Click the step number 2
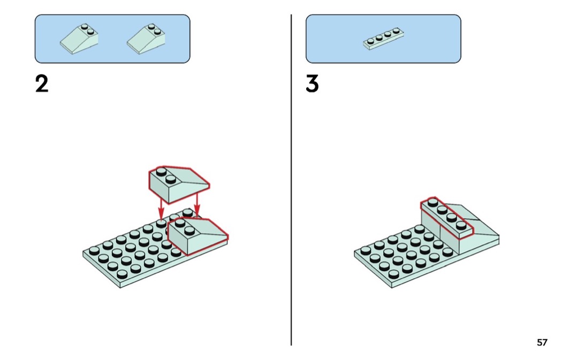(42, 84)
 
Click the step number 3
(313, 84)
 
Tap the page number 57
(542, 342)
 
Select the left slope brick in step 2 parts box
(79, 39)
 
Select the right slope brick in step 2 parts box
(146, 39)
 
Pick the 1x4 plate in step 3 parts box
(383, 39)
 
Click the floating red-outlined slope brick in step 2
(177, 185)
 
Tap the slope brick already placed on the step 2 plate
(197, 235)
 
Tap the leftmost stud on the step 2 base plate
(94, 249)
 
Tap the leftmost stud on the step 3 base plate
(366, 249)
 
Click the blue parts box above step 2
(112, 39)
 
